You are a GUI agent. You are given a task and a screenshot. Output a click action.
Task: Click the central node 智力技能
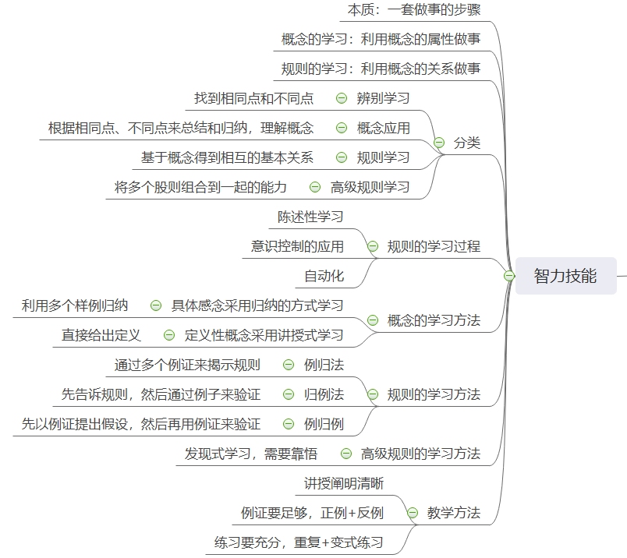565,276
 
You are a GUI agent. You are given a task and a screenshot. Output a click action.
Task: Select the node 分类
467,143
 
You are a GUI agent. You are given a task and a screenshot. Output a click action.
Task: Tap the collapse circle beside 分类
439,143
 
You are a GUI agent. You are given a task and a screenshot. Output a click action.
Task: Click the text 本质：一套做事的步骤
413,10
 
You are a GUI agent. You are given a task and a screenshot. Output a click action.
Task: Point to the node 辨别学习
383,98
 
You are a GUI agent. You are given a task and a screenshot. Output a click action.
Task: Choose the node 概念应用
383,128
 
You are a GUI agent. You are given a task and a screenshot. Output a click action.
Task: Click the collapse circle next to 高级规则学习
315,187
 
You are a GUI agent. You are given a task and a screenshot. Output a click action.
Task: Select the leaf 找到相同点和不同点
253,98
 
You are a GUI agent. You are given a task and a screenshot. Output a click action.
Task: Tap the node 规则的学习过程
434,246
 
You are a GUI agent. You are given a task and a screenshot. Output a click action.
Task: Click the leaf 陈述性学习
310,217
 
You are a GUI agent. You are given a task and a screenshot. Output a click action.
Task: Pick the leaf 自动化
324,276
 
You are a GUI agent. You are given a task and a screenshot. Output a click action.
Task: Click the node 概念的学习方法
434,320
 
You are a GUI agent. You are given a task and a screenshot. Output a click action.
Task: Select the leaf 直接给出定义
101,335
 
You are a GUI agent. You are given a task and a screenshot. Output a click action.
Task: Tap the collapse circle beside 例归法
289,365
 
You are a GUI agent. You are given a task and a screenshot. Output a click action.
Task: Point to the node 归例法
324,394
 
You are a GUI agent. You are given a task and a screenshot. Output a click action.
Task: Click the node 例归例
324,424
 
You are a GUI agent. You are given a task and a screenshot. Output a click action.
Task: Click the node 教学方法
454,513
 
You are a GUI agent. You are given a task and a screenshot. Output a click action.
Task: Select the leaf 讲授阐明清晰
344,483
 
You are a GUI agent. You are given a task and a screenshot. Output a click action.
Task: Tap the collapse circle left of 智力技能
509,276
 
